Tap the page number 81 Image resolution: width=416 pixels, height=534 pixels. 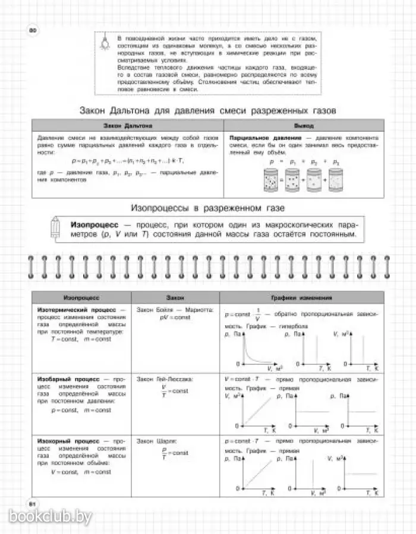[26, 503]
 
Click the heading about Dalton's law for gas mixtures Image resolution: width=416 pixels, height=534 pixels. [207, 111]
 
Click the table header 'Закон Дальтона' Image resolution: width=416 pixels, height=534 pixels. [127, 126]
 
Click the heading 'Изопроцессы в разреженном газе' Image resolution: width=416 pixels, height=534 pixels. [207, 208]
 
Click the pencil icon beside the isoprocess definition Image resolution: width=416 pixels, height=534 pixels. [58, 230]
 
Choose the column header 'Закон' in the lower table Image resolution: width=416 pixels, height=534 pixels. [176, 298]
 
